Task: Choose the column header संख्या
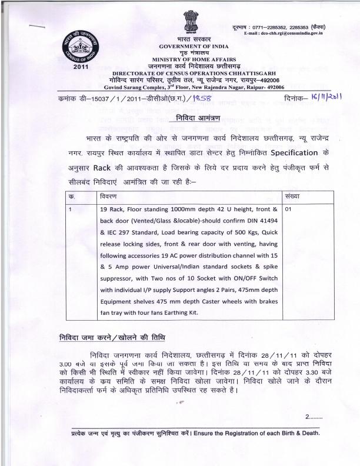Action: tap(292, 195)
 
